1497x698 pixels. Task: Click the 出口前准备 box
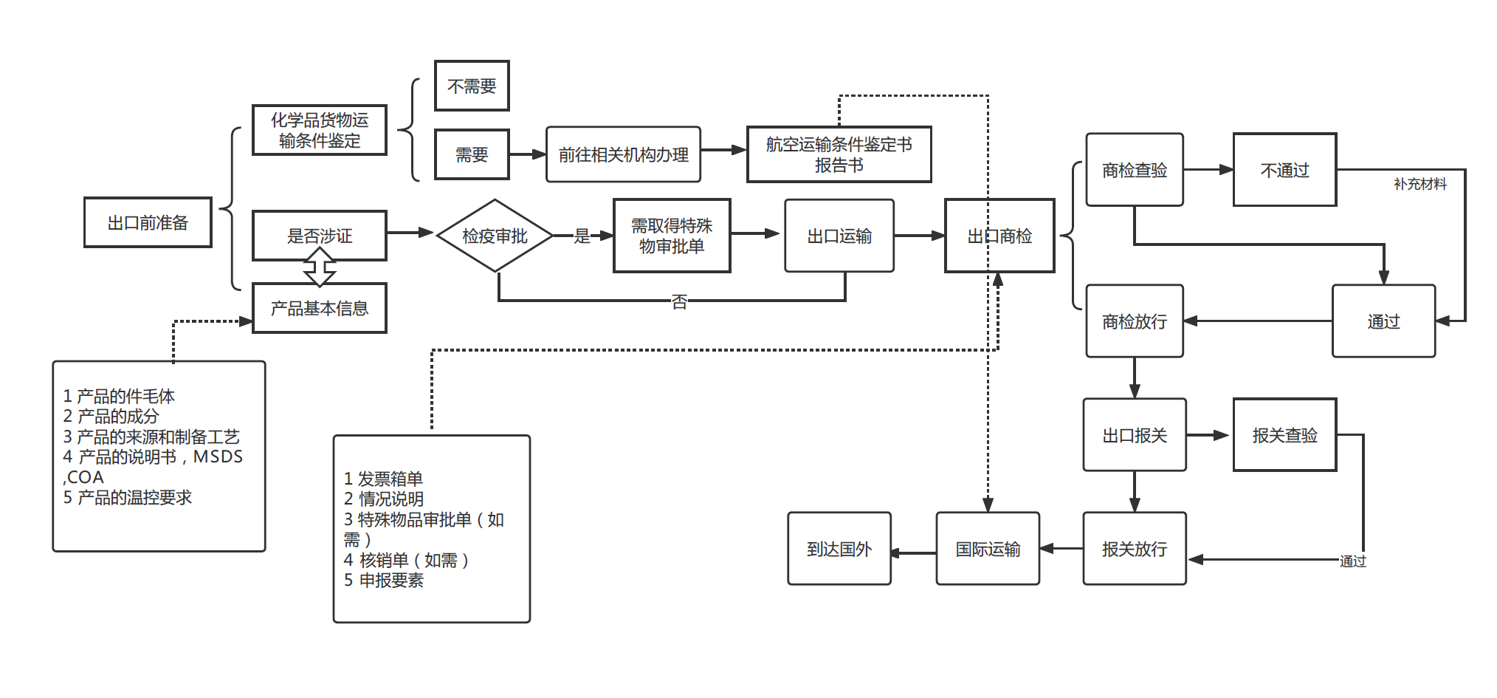148,222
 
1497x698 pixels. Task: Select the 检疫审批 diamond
495,236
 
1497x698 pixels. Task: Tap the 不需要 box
472,86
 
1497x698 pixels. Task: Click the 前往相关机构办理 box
623,154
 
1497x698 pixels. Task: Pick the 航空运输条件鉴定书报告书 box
839,154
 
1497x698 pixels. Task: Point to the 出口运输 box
839,236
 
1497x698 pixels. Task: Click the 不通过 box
1284,170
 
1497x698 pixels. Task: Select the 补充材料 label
1419,184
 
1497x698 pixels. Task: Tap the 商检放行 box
1135,321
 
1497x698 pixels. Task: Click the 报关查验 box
1284,435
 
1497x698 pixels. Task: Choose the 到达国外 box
839,549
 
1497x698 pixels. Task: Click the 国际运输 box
988,549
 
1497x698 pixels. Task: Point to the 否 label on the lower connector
679,301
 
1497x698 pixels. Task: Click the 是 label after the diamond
582,236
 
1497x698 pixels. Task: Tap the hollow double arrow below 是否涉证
320,267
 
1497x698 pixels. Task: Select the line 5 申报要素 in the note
384,581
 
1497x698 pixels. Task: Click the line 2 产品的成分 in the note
111,416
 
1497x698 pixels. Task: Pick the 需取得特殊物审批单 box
672,236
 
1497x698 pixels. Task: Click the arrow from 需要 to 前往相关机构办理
527,154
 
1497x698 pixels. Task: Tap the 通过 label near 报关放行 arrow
1352,561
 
